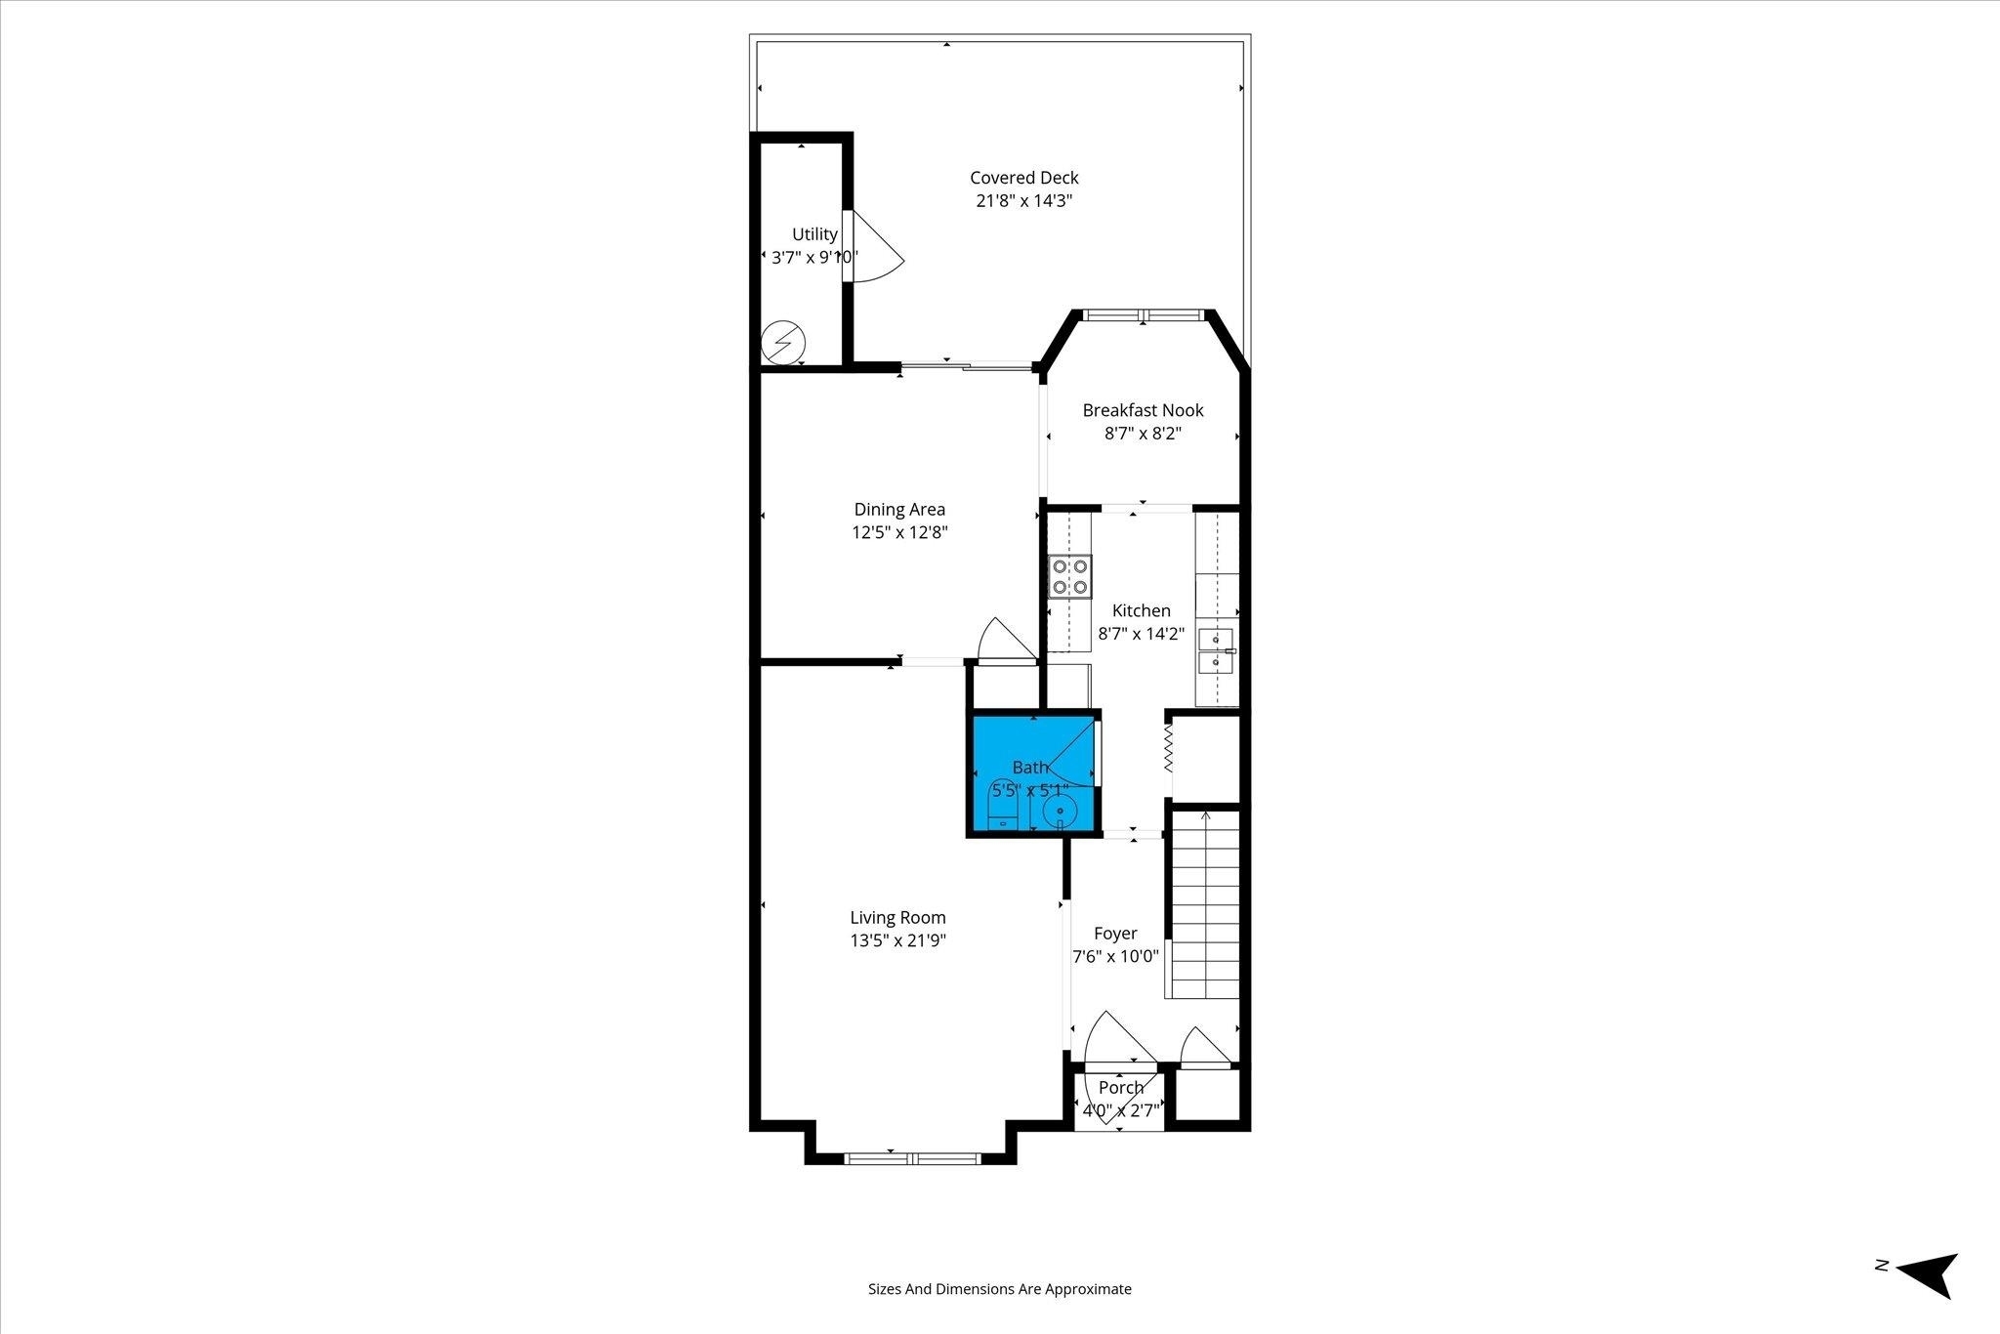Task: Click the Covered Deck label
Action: click(x=1023, y=178)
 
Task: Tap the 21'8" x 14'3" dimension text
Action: click(x=1023, y=201)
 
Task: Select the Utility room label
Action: click(x=814, y=234)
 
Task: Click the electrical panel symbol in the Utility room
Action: click(x=783, y=343)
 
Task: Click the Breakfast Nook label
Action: click(x=1143, y=410)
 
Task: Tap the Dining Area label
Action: click(x=899, y=509)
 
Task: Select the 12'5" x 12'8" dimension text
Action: click(x=899, y=532)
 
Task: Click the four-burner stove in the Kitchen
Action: click(x=1069, y=576)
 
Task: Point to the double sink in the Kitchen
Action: click(x=1217, y=652)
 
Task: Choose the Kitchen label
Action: click(x=1141, y=610)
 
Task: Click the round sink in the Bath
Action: click(x=1060, y=811)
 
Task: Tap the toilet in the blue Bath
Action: click(x=1004, y=810)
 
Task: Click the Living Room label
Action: click(x=897, y=917)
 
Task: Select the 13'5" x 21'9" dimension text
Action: click(x=897, y=940)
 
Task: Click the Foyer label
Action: click(x=1115, y=933)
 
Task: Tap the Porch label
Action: click(x=1120, y=1087)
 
